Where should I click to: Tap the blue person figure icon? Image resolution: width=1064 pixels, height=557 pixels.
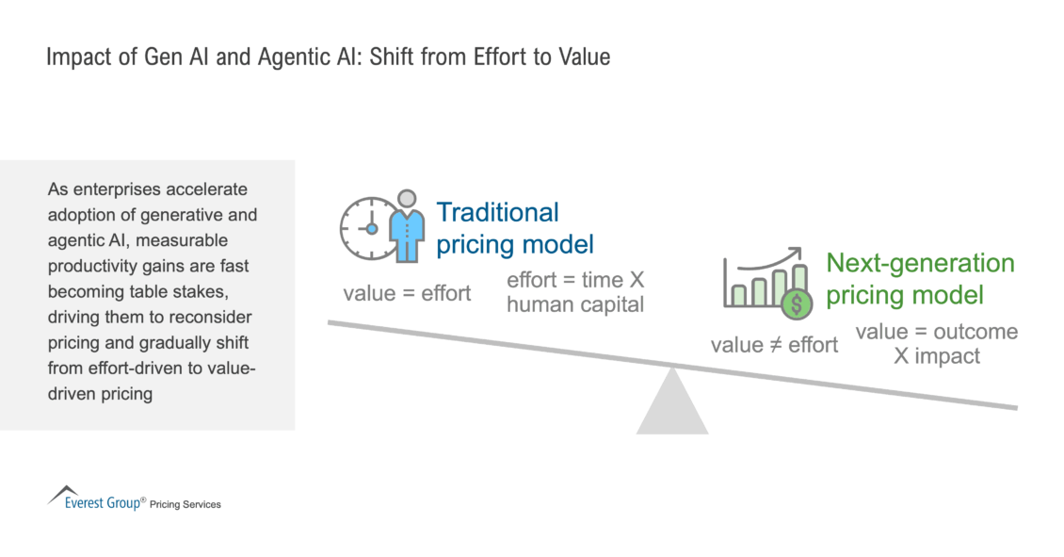406,227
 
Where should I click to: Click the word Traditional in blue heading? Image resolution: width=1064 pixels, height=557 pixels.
497,213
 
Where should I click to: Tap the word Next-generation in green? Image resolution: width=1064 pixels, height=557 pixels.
920,264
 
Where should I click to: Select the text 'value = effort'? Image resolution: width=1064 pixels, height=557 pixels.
407,293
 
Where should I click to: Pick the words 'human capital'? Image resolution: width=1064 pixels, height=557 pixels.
575,304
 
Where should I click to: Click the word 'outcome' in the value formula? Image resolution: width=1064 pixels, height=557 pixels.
975,332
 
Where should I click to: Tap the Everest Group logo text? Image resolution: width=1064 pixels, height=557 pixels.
98,503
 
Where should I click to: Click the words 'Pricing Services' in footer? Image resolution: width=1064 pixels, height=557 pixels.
185,505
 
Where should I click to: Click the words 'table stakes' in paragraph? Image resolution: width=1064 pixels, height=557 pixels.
184,292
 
